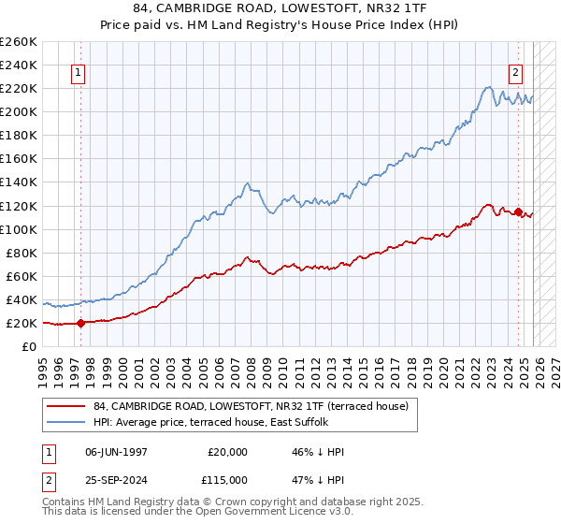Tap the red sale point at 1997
pos(80,323)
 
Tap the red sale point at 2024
pos(519,211)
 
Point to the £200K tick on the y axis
pos(19,111)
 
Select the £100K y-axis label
pos(19,229)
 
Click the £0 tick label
pos(28,346)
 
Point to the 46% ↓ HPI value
pos(318,452)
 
